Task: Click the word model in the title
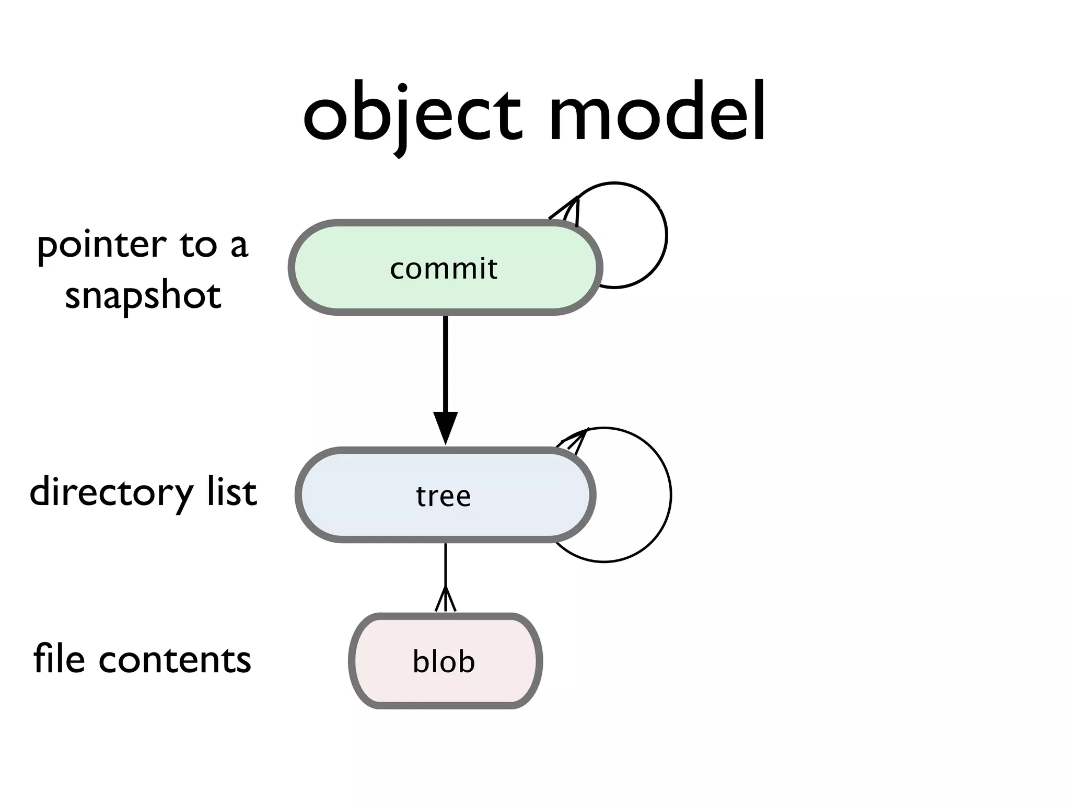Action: (x=657, y=113)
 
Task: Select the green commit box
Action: (x=334, y=268)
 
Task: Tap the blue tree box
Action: (x=345, y=495)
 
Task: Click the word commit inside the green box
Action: (x=444, y=269)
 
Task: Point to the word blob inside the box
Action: (x=444, y=661)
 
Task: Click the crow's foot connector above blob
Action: (x=445, y=599)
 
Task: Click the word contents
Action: (x=175, y=660)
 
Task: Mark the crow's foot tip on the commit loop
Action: (x=569, y=209)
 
